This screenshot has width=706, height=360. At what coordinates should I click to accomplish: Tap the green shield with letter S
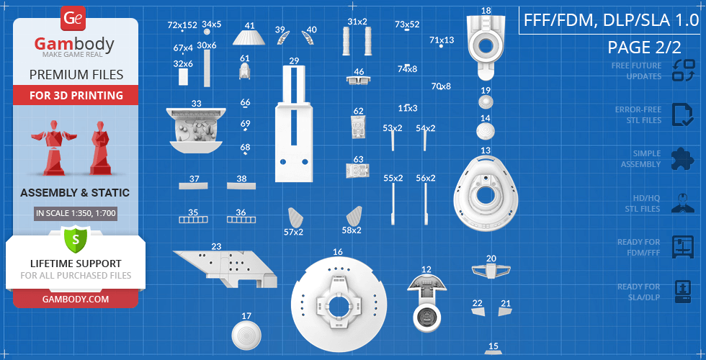[76, 239]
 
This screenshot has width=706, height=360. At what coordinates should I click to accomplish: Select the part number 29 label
[294, 60]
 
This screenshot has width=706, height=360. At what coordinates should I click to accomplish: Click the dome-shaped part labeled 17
[246, 336]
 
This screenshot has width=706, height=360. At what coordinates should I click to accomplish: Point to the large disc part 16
[338, 304]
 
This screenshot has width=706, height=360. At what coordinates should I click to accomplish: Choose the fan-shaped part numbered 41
[249, 37]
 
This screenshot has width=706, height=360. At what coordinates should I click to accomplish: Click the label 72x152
[182, 25]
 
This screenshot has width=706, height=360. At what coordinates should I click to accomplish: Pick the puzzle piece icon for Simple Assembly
[683, 159]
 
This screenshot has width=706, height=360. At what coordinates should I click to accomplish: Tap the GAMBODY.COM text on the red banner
[76, 299]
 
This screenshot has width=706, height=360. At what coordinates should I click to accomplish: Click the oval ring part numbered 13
[486, 194]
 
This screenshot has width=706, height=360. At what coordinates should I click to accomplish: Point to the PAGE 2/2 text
[644, 47]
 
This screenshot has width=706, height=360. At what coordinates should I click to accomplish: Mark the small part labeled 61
[244, 71]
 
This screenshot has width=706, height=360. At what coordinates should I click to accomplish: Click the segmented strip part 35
[194, 220]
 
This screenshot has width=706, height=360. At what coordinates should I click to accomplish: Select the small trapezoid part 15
[493, 352]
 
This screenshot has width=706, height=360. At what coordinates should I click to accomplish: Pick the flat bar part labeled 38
[241, 186]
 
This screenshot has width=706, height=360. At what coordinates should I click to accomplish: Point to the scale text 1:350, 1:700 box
[76, 213]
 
